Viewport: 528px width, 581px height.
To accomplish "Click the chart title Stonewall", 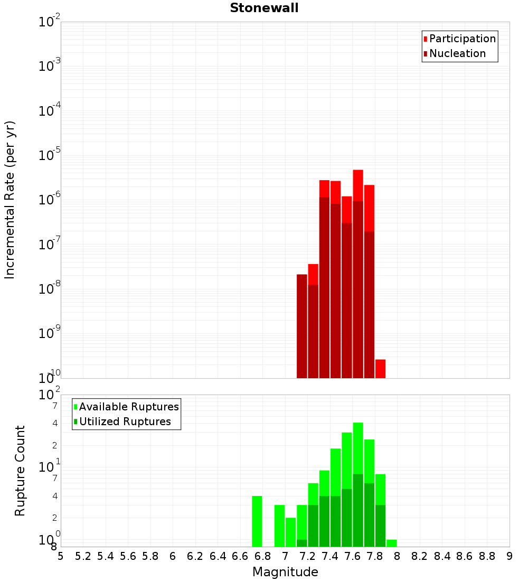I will [264, 8].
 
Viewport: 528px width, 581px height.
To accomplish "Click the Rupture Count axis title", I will [20, 471].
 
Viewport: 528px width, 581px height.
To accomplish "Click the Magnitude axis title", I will [285, 572].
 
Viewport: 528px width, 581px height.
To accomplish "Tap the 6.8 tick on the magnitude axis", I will [262, 556].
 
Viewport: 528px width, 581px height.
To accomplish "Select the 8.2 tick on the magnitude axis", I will [420, 556].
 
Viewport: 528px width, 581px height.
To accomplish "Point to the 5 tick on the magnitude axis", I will [61, 556].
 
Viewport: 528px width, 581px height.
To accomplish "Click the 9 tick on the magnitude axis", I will [510, 556].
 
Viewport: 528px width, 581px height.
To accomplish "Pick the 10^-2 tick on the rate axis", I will [50, 22].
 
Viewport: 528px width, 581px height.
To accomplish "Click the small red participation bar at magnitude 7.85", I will [380, 369].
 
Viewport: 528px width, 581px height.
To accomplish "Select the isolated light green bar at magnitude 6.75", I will [257, 521].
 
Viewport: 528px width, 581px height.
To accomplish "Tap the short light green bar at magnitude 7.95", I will [391, 543].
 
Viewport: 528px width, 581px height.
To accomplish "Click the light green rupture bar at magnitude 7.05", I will [290, 532].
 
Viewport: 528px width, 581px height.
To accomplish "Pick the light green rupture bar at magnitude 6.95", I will [279, 526].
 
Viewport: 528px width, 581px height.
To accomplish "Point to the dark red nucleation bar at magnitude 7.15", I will [302, 326].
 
